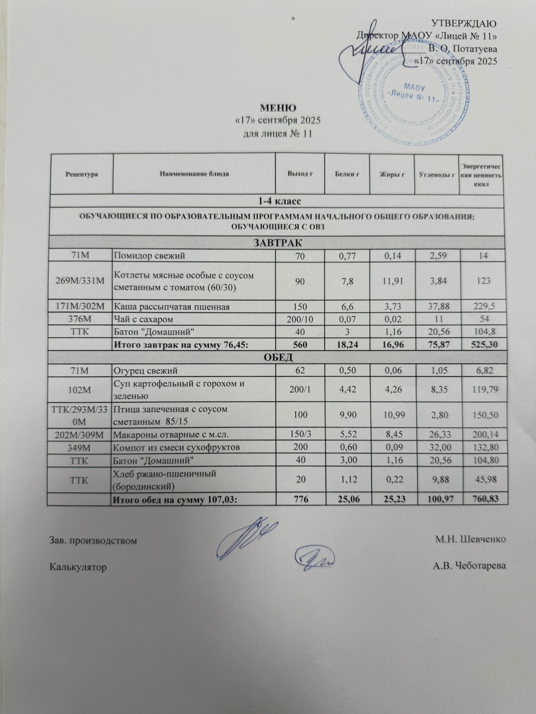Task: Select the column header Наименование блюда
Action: click(194, 174)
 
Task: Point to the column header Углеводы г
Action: click(436, 174)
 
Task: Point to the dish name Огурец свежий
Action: click(146, 370)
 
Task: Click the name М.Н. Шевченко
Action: click(471, 540)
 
